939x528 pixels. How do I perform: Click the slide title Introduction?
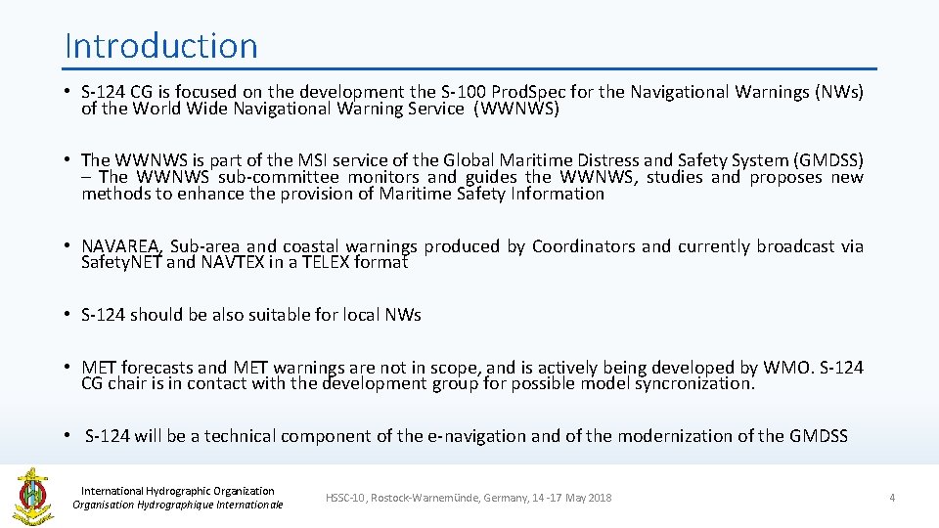[161, 46]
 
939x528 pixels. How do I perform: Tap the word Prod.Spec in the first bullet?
[529, 93]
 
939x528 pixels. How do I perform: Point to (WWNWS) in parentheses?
[516, 110]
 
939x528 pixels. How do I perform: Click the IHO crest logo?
[32, 496]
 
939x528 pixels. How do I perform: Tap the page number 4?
[891, 498]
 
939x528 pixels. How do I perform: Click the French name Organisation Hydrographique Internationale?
[178, 505]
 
